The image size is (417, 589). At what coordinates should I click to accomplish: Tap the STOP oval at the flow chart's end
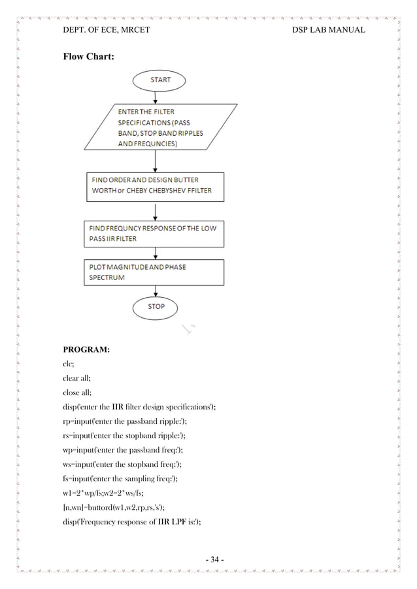click(x=156, y=306)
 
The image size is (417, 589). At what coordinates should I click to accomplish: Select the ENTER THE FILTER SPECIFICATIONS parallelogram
click(x=156, y=128)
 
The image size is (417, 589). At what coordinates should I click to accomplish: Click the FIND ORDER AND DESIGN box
click(x=156, y=187)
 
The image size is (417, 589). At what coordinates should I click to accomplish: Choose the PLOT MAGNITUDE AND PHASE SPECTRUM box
click(x=156, y=272)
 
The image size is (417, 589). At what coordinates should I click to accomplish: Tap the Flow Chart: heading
click(x=88, y=57)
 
